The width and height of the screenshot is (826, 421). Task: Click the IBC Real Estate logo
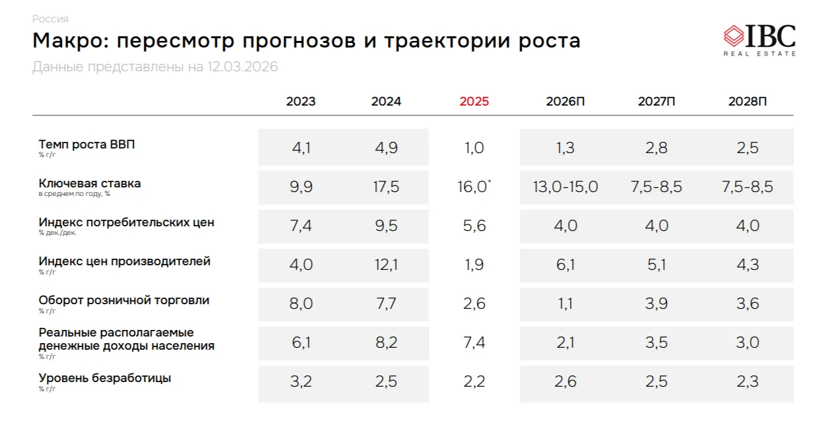(x=759, y=40)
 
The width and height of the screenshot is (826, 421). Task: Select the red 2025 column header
(x=474, y=102)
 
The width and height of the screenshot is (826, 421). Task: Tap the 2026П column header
(x=565, y=102)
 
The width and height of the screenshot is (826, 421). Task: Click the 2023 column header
(x=301, y=102)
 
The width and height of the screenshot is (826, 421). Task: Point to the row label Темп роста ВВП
(x=87, y=145)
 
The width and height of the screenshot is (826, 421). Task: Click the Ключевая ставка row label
(x=90, y=183)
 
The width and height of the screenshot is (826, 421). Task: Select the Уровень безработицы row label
(x=105, y=378)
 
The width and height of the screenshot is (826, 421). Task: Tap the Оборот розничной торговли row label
(x=124, y=300)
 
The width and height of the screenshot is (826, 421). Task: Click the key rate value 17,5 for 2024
(x=386, y=187)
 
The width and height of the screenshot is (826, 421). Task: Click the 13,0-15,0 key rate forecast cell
(x=565, y=187)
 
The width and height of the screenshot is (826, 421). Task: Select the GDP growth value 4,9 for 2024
(x=386, y=148)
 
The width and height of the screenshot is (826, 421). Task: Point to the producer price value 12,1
(x=386, y=265)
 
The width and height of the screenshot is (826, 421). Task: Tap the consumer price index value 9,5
(x=386, y=226)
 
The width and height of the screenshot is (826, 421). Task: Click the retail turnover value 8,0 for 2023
(x=301, y=304)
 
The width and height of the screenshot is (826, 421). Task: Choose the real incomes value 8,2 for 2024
(x=386, y=342)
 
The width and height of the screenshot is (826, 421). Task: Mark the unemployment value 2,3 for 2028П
(x=747, y=381)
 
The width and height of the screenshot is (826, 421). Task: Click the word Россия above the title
(x=50, y=19)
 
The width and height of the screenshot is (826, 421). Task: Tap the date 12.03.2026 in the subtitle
(x=242, y=67)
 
